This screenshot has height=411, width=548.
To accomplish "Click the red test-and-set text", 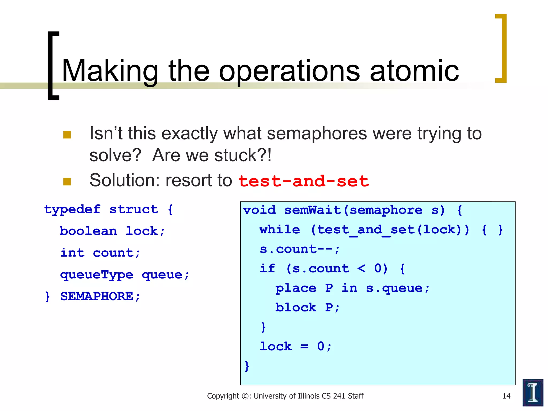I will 303,181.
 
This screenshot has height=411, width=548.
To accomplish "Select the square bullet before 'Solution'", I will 67,182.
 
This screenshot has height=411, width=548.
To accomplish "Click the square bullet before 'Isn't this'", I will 67,135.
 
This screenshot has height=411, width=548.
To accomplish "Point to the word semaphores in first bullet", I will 317,134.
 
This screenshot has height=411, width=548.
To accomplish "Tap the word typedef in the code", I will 72,209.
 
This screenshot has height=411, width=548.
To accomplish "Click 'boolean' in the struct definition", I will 88,231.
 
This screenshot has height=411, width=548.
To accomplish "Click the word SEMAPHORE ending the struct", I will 97,296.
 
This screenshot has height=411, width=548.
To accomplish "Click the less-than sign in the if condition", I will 361,268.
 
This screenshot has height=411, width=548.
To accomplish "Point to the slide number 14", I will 506,396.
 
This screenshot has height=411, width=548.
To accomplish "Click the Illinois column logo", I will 532,393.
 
